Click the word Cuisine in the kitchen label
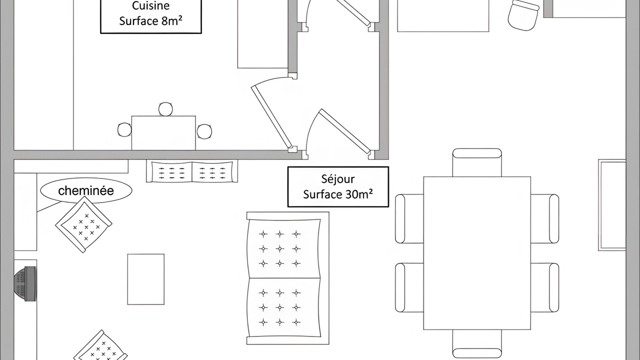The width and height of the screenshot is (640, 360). pos(150,5)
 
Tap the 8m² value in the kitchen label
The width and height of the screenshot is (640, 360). pos(171,21)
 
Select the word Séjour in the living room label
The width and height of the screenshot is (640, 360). pos(338,179)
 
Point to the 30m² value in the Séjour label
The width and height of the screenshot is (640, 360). pos(359,194)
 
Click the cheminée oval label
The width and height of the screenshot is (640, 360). pos(86,190)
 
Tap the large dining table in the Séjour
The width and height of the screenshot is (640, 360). pos(477,253)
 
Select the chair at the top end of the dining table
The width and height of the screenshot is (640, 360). pos(477,162)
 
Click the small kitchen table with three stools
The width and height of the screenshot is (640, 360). pos(163,133)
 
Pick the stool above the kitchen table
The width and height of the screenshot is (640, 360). pos(165,109)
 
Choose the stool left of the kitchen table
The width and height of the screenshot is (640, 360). pos(124,129)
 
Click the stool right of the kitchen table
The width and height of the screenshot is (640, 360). pos(204,131)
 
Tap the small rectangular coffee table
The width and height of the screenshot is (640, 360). pos(145,279)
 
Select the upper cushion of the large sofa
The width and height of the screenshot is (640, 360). pos(283,248)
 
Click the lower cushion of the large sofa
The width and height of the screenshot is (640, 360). pos(283,307)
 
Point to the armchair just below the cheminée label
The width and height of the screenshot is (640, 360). pos(83,224)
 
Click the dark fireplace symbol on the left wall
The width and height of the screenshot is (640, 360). pos(25,283)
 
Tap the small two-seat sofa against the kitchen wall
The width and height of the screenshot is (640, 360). pos(192,171)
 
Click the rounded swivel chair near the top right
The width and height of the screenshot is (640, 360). pos(523,15)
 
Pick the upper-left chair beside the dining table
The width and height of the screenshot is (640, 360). pos(409,219)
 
